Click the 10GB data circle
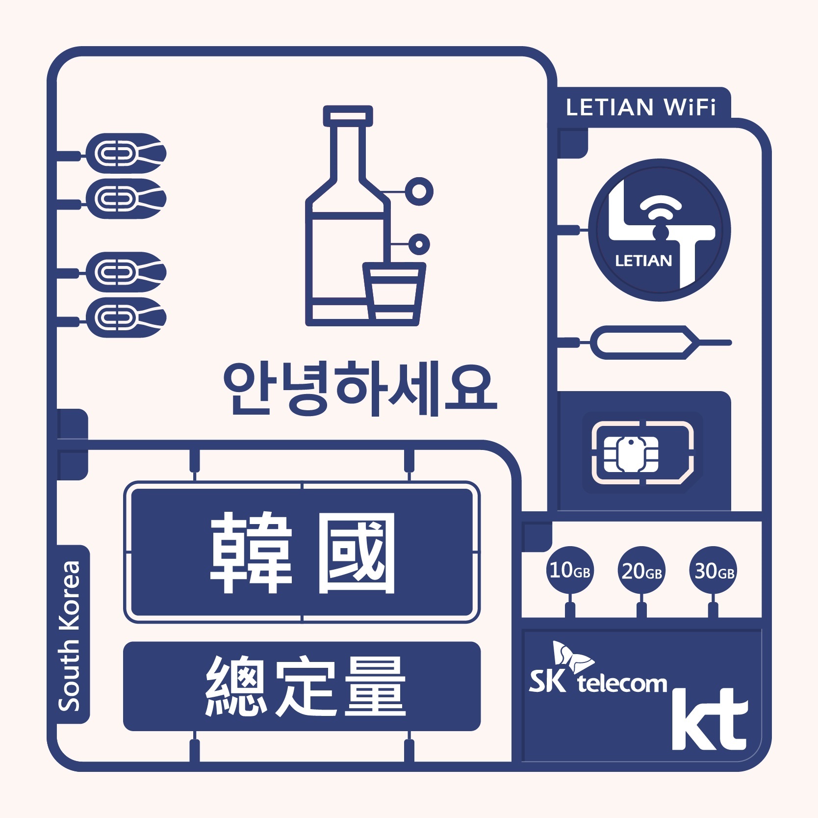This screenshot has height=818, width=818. (x=569, y=570)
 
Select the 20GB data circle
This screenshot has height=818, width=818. (x=641, y=571)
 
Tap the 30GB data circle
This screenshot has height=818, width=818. (x=714, y=571)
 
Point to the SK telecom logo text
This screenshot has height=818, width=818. (x=598, y=682)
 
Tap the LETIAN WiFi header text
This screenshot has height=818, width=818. (x=640, y=107)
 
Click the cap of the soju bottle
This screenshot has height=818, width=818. (x=348, y=116)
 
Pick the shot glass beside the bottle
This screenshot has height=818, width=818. (x=394, y=292)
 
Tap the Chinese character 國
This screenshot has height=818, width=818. (x=357, y=553)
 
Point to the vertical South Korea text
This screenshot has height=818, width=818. (x=70, y=635)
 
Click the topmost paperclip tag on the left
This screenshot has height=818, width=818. (x=126, y=154)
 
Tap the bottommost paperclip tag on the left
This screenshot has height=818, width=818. (x=126, y=317)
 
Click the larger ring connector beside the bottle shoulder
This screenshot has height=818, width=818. (x=419, y=191)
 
